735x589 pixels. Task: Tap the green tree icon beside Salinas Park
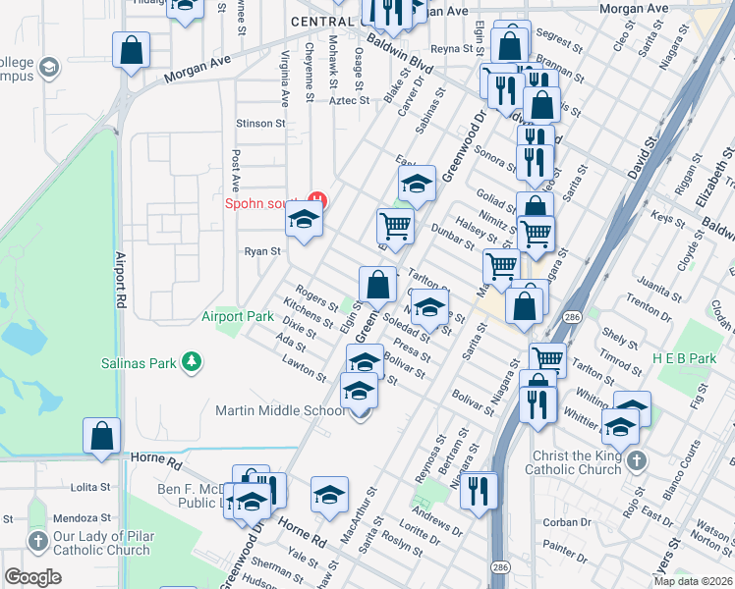(192, 363)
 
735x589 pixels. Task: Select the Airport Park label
(238, 316)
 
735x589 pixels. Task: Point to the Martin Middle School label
(281, 410)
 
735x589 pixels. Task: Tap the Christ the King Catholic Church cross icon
(636, 459)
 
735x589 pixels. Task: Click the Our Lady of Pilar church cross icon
(37, 541)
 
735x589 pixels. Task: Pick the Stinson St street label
(259, 124)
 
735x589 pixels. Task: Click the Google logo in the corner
(32, 577)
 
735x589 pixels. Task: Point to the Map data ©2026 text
(693, 581)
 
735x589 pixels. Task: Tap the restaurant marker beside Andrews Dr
(479, 492)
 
